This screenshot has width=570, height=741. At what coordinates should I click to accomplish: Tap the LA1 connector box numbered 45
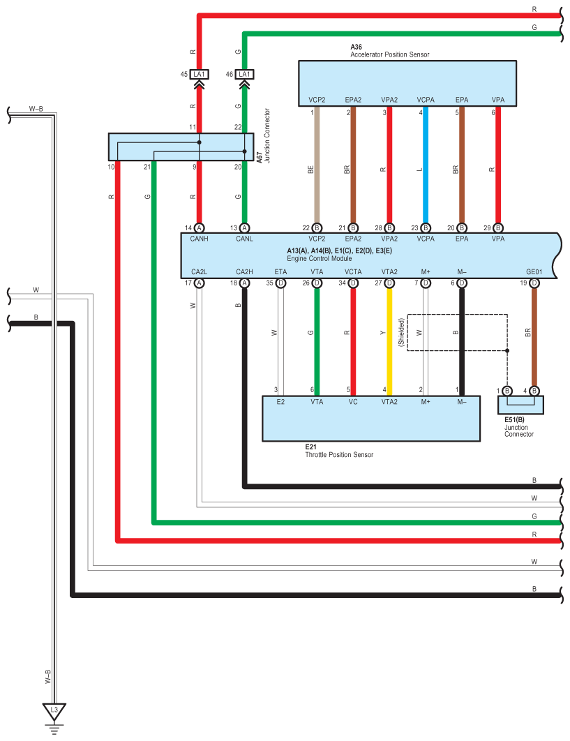tap(199, 74)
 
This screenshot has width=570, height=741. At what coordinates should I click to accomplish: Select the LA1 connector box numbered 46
tap(244, 74)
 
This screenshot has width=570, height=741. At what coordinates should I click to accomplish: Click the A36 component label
tap(356, 47)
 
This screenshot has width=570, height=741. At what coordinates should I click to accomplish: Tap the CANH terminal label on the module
tap(199, 239)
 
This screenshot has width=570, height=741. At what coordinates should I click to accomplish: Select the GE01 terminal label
tap(534, 271)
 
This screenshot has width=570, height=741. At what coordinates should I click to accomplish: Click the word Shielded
tap(401, 332)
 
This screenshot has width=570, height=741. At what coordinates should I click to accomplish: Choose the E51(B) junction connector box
tap(520, 405)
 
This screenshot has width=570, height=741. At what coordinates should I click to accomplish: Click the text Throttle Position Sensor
tap(339, 455)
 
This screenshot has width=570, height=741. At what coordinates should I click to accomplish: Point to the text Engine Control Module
tap(319, 258)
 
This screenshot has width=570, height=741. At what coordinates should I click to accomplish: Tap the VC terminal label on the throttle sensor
tap(353, 402)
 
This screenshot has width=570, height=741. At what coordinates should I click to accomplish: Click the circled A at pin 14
tap(199, 227)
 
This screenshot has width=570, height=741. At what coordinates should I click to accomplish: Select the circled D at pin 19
tap(534, 283)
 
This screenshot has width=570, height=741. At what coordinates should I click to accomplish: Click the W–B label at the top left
tap(36, 109)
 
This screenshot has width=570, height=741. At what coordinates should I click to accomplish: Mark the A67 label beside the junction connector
tap(260, 158)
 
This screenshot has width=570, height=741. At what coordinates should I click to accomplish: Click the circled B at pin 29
tap(497, 227)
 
